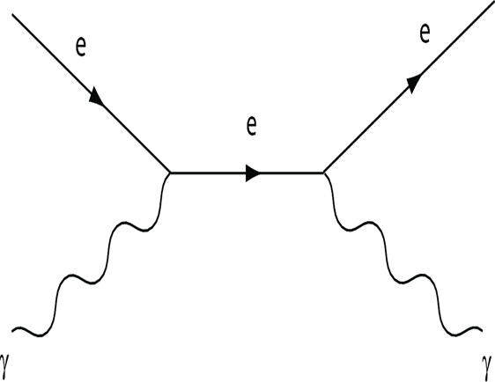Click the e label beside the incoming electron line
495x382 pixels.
(81, 47)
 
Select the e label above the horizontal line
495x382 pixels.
(251, 126)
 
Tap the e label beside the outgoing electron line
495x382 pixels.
(425, 33)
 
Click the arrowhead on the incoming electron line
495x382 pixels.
(96, 96)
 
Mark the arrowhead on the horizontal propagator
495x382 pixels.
(253, 173)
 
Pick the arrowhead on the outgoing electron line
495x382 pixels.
(415, 84)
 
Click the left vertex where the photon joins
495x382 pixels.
(170, 173)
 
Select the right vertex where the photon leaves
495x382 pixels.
(323, 173)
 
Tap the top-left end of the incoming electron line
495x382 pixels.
(12, 14)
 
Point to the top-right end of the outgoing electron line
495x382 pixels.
(494, 6)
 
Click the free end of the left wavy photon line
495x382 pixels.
(12, 331)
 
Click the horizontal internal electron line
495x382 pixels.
(247, 173)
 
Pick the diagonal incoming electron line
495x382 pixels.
(92, 93)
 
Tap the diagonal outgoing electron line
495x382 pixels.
(409, 90)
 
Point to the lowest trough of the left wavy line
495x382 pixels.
(39, 336)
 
